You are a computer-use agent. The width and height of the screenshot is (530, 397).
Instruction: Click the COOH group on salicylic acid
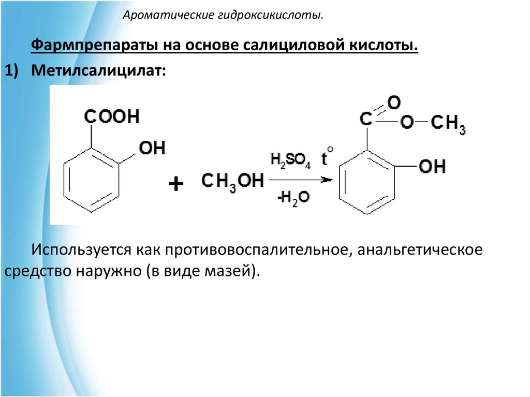click(x=112, y=116)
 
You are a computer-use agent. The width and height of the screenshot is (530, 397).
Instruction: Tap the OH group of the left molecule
click(x=152, y=149)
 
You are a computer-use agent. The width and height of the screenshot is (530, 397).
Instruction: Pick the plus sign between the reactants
click(x=176, y=184)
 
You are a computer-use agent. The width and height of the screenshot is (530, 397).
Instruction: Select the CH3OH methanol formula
click(x=232, y=182)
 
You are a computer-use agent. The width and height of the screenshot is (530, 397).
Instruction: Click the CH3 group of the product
click(x=448, y=124)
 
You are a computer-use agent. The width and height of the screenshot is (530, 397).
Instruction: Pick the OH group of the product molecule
click(x=432, y=167)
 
